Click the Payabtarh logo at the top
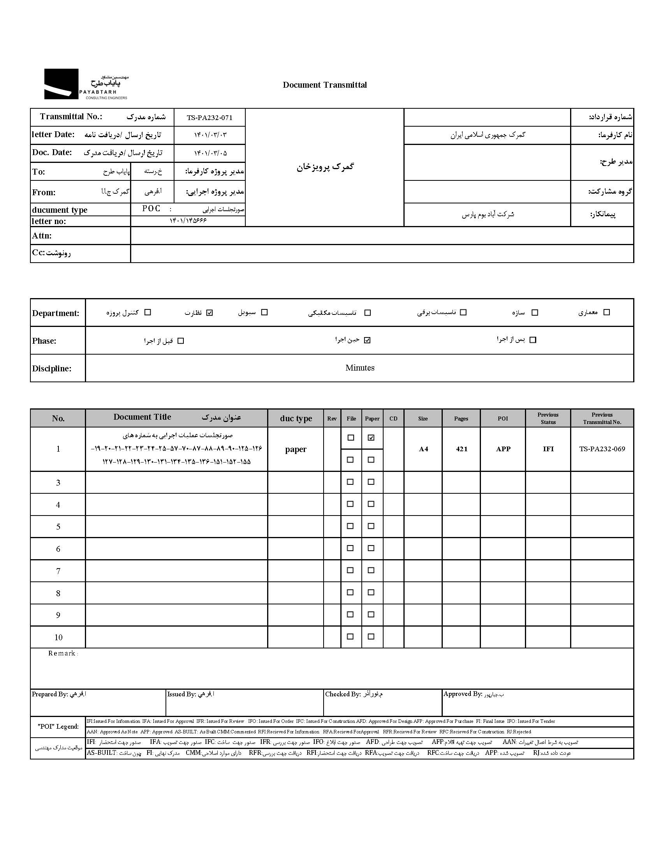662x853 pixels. pyautogui.click(x=86, y=84)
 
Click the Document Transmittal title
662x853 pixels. pyautogui.click(x=324, y=85)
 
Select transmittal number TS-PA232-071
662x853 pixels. pyautogui.click(x=209, y=118)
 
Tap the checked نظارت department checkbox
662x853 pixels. pyautogui.click(x=210, y=313)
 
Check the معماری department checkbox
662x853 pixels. pyautogui.click(x=606, y=312)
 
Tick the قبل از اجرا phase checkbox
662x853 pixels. pyautogui.click(x=180, y=341)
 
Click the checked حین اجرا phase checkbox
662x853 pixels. pyautogui.click(x=367, y=340)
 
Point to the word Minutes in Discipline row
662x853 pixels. pyautogui.click(x=359, y=367)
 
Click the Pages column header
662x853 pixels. pyautogui.click(x=461, y=418)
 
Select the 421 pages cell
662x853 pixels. pyautogui.click(x=461, y=449)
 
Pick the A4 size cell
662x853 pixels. pyautogui.click(x=423, y=449)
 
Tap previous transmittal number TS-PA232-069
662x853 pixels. pyautogui.click(x=602, y=449)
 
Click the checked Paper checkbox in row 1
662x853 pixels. pyautogui.click(x=371, y=438)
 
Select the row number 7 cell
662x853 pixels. pyautogui.click(x=58, y=571)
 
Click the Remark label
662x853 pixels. pyautogui.click(x=62, y=653)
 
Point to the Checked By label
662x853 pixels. pyautogui.click(x=342, y=694)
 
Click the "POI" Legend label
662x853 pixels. pyautogui.click(x=58, y=726)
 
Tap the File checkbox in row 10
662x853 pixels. pyautogui.click(x=350, y=637)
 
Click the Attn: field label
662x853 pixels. pyautogui.click(x=42, y=235)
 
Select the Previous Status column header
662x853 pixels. pyautogui.click(x=548, y=418)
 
